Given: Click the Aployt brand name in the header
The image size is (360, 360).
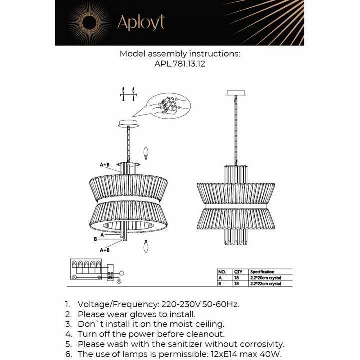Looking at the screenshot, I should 140,22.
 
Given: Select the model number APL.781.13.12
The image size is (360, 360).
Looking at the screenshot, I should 179,64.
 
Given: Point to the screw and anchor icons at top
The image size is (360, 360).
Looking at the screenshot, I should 128,94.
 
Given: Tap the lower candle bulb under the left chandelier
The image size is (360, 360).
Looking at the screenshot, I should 146,246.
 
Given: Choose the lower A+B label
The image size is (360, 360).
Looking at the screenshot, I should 105,249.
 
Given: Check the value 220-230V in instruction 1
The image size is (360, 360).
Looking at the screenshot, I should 180,304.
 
